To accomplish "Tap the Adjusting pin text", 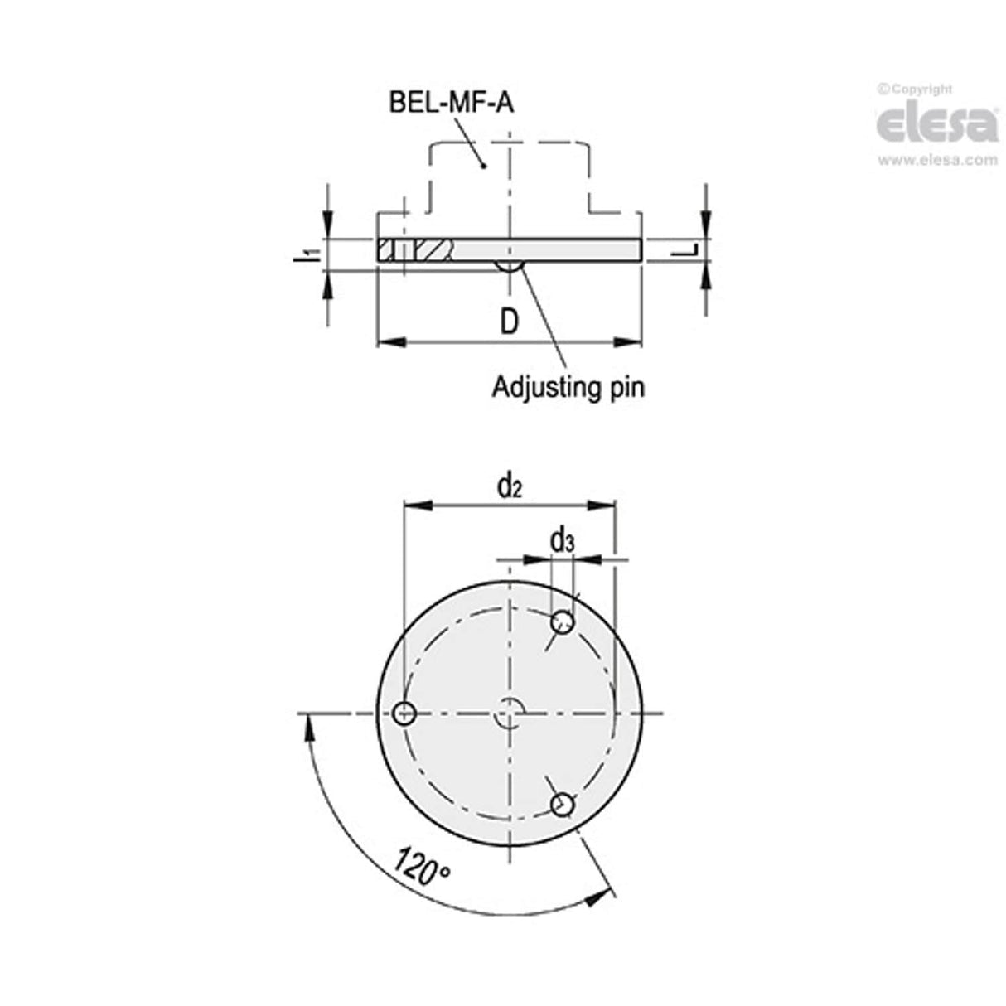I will coord(568,387).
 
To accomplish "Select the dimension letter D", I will coord(508,321).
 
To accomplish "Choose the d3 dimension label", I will coord(563,541).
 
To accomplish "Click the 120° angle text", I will coord(422,866).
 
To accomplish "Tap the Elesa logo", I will coord(936,125).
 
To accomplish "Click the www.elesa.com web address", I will coord(937,160).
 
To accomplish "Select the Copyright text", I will coord(915,89).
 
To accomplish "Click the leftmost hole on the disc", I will coord(404,713).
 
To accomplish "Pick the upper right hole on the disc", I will coord(563,621).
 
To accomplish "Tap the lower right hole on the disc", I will coord(563,804).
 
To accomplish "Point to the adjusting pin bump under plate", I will coord(508,266).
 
